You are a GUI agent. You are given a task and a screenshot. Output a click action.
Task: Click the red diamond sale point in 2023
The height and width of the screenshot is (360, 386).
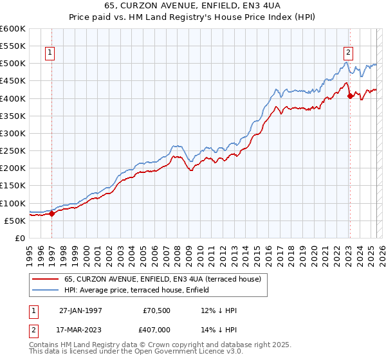(350, 96)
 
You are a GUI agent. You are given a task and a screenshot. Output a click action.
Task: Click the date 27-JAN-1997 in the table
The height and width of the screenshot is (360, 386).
(80, 310)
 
